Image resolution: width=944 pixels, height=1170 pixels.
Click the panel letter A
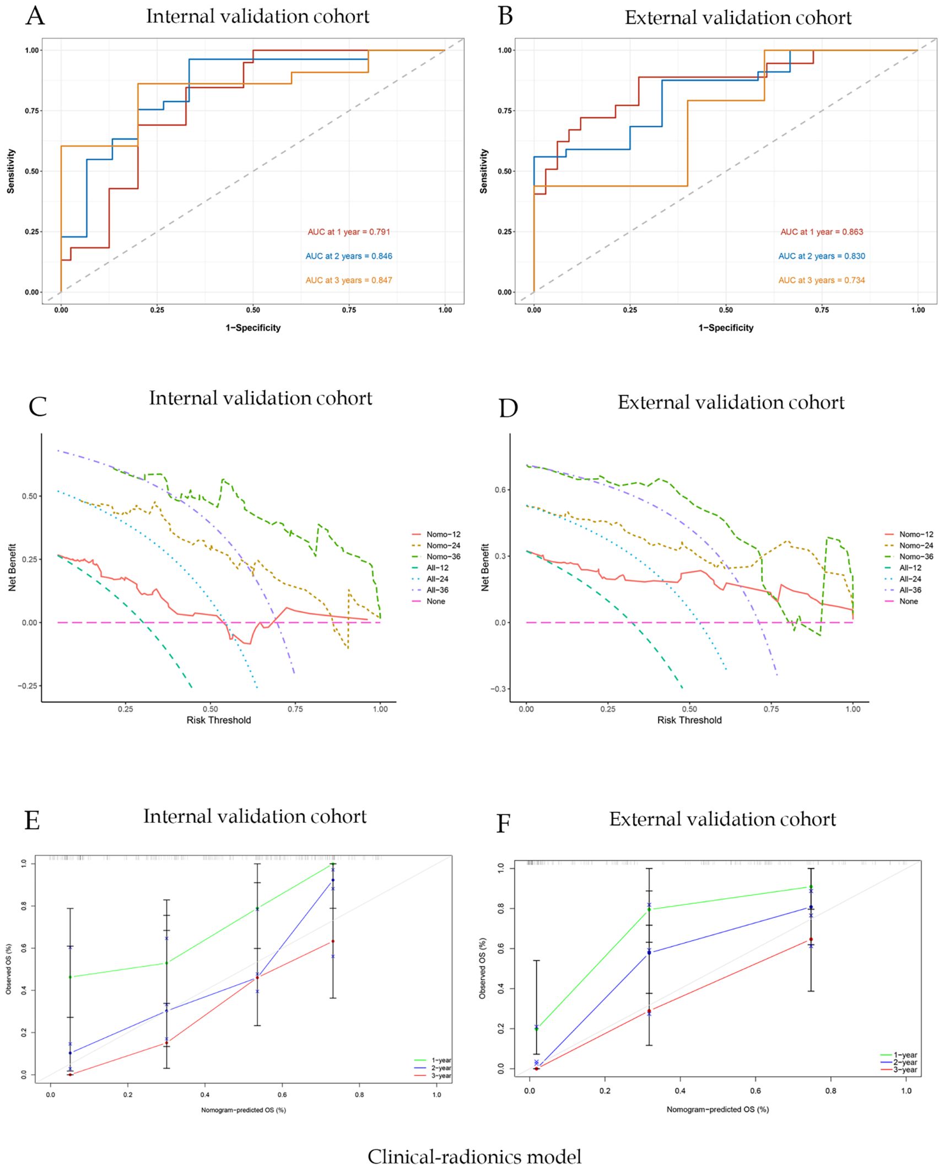point(35,16)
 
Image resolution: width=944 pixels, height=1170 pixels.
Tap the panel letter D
point(508,408)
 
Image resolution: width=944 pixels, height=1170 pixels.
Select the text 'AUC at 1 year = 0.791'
point(348,232)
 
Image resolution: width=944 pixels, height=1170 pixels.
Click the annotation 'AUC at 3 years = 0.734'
point(821,281)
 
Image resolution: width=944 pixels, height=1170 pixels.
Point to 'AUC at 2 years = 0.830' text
point(821,256)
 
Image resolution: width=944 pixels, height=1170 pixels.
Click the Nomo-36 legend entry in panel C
point(443,557)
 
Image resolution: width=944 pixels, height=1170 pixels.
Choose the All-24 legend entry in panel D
point(910,579)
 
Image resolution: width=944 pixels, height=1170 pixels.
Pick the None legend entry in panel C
point(435,601)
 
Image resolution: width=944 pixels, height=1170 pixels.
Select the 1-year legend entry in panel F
point(905,1055)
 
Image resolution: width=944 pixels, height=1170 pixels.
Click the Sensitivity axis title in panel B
point(484,171)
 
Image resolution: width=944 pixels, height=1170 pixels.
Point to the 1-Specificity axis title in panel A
point(253,328)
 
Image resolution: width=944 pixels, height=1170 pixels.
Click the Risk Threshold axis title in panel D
point(689,720)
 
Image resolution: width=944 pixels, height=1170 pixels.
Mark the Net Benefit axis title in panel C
point(12,568)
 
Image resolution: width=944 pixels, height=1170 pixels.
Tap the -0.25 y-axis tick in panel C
point(27,686)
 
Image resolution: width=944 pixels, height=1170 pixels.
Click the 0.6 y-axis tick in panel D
point(500,490)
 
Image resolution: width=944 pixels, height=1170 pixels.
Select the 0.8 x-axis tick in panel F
point(830,1091)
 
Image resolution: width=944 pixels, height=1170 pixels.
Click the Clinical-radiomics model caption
point(474,1156)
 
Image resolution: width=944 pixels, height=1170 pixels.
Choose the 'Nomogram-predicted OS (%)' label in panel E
point(243,1110)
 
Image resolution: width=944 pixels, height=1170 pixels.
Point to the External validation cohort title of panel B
point(737,18)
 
